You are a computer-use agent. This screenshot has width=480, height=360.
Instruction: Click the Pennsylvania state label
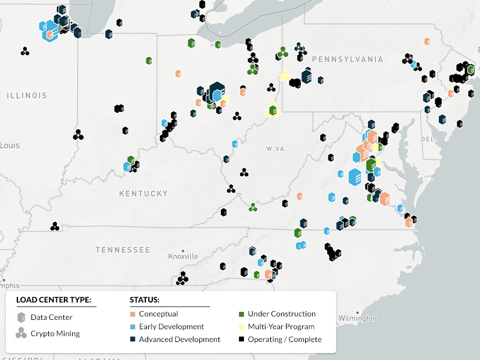pyautogui.click(x=348, y=59)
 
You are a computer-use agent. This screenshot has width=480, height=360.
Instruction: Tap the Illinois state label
pyautogui.click(x=27, y=95)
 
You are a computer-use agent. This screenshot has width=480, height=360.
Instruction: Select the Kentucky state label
pyautogui.click(x=143, y=193)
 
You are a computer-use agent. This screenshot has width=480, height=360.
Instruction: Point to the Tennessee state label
pyautogui.click(x=123, y=250)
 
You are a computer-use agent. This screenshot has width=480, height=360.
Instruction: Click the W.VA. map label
pyautogui.click(x=277, y=149)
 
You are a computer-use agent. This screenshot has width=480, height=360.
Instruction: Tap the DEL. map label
pyautogui.click(x=428, y=139)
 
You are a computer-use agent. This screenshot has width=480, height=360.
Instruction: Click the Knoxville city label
pyautogui.click(x=183, y=256)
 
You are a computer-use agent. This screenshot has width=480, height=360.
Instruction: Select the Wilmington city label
pyautogui.click(x=357, y=318)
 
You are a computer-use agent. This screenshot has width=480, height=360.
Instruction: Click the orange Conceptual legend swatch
pyautogui.click(x=133, y=314)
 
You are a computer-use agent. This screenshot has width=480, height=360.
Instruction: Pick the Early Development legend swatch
pyautogui.click(x=133, y=327)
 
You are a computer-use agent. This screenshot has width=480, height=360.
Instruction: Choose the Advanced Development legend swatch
pyautogui.click(x=133, y=340)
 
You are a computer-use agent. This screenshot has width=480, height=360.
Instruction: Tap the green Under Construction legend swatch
pyautogui.click(x=242, y=314)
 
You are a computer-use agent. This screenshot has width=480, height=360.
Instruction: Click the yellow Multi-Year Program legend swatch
pyautogui.click(x=242, y=327)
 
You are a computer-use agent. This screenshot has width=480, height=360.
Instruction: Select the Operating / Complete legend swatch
pyautogui.click(x=242, y=340)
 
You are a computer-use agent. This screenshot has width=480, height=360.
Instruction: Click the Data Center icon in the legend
pyautogui.click(x=22, y=318)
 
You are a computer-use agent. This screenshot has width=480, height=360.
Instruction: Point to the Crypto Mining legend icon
pyautogui.click(x=22, y=333)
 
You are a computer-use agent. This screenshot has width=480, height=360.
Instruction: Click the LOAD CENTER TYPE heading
pyautogui.click(x=53, y=300)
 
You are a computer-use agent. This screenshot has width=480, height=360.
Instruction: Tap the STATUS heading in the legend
pyautogui.click(x=145, y=300)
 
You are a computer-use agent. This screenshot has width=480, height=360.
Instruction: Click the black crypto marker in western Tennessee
pyautogui.click(x=55, y=226)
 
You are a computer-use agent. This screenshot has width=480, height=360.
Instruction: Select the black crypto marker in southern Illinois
pyautogui.click(x=78, y=135)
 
